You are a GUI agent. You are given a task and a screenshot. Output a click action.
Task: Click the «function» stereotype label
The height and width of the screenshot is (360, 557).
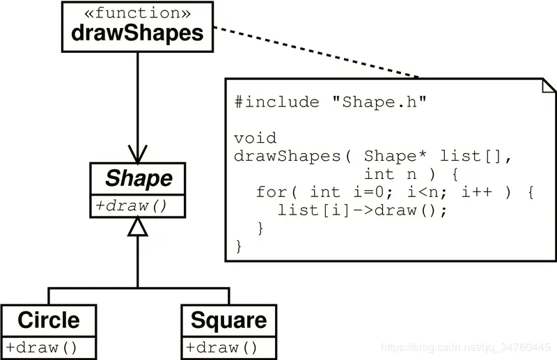tap(137, 13)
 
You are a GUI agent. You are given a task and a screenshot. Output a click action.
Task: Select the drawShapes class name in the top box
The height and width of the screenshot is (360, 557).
tap(137, 33)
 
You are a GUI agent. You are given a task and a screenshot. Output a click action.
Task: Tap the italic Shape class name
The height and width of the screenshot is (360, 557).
tap(138, 179)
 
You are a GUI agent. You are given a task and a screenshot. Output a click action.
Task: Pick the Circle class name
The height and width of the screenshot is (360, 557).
tap(48, 320)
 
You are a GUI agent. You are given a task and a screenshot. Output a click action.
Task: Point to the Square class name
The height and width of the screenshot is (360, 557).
tap(228, 320)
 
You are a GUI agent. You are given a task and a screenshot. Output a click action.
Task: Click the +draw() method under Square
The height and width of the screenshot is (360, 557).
tap(222, 347)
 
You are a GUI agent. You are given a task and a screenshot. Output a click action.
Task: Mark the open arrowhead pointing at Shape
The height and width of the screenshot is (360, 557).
tap(137, 152)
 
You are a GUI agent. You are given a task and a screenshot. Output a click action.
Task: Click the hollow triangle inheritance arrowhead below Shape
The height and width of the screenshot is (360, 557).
tap(138, 226)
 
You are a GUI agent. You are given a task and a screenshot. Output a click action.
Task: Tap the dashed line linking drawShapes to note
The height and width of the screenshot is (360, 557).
tap(313, 52)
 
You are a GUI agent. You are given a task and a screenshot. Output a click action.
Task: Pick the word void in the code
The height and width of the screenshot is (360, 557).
tap(255, 138)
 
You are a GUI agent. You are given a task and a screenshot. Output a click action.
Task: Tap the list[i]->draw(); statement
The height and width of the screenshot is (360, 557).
tap(362, 210)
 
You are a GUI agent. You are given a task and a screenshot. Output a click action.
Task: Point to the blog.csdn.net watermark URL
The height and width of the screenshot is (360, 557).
tap(467, 347)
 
